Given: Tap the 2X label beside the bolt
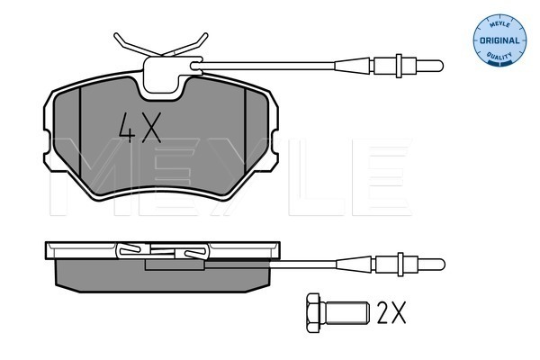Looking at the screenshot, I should [x=391, y=312].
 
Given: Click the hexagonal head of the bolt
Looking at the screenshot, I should [x=314, y=312].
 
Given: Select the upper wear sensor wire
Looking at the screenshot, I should [x=288, y=63].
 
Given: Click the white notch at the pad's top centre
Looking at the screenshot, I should [x=164, y=81].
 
